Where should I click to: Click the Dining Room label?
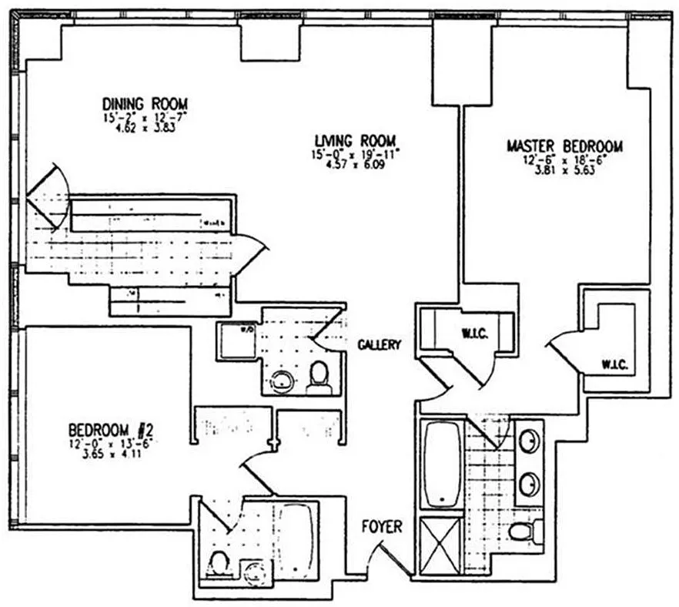point(145,104)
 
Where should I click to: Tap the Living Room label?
point(355,140)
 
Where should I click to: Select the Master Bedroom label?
point(564,146)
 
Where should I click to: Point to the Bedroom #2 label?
point(113,429)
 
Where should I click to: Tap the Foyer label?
point(383,527)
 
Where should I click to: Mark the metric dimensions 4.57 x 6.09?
point(355,165)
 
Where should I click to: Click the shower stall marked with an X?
point(440,545)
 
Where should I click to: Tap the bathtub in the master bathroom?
point(442,464)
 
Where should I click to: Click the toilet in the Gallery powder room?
point(319,375)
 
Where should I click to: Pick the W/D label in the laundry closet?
point(248,330)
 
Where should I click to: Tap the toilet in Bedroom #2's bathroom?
point(219,562)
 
